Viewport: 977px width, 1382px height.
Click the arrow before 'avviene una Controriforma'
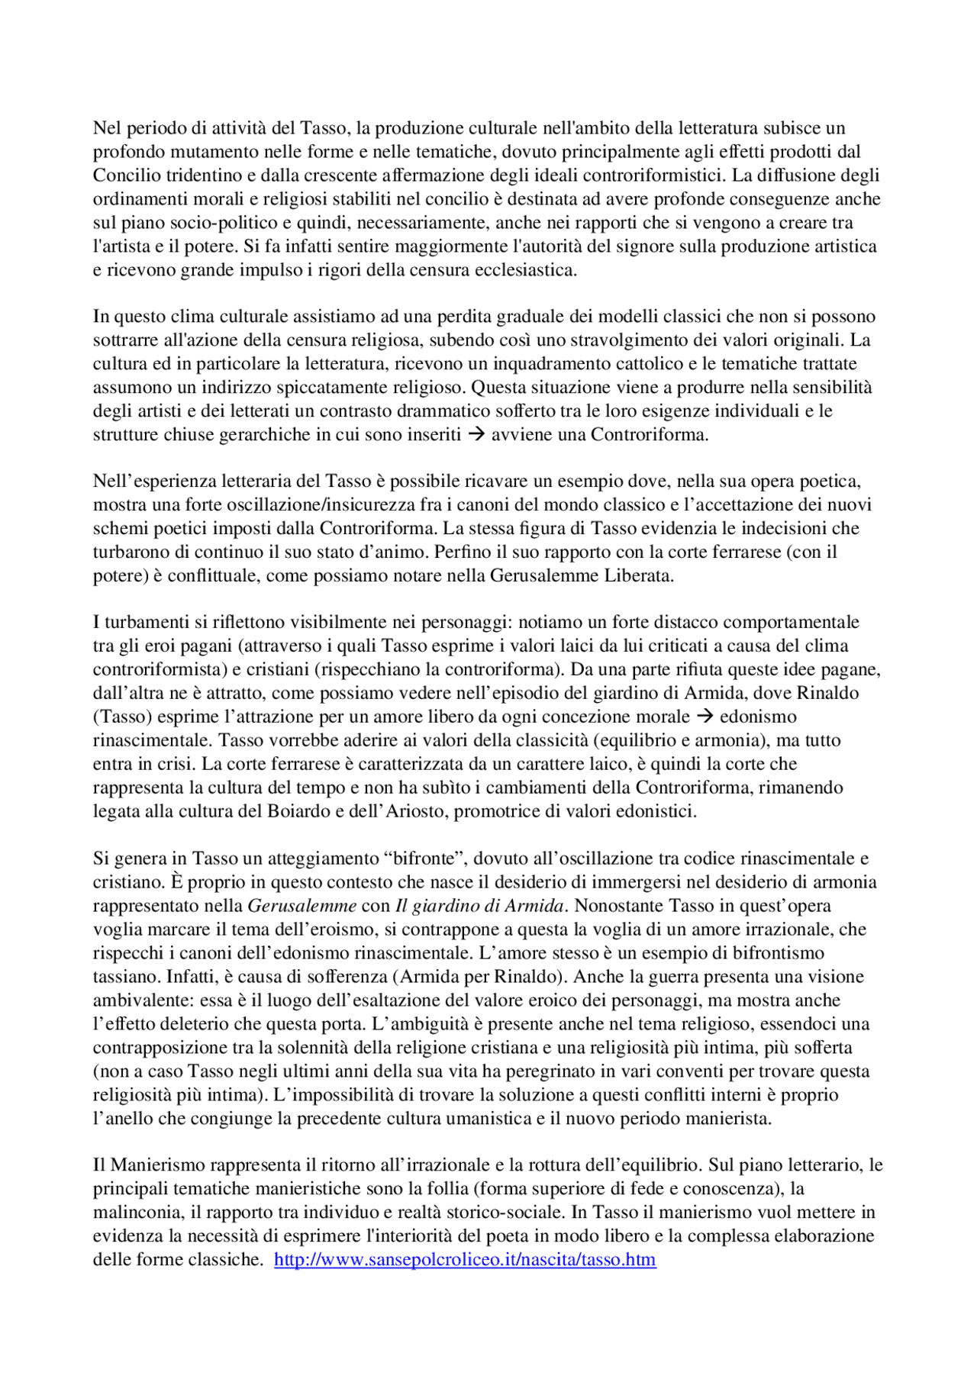[x=476, y=435]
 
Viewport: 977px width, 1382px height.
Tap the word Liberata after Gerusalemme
[x=638, y=575]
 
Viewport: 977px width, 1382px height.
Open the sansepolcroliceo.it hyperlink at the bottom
[x=465, y=1260]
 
